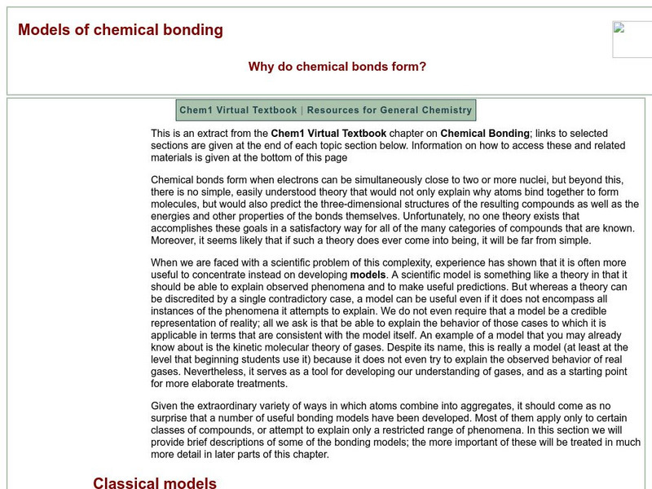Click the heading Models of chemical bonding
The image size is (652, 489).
point(120,30)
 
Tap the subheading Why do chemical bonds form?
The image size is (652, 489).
point(337,67)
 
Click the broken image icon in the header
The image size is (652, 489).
point(619,28)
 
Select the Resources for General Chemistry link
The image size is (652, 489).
point(390,110)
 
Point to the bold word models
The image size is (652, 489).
point(369,275)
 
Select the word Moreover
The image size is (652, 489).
point(178,240)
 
